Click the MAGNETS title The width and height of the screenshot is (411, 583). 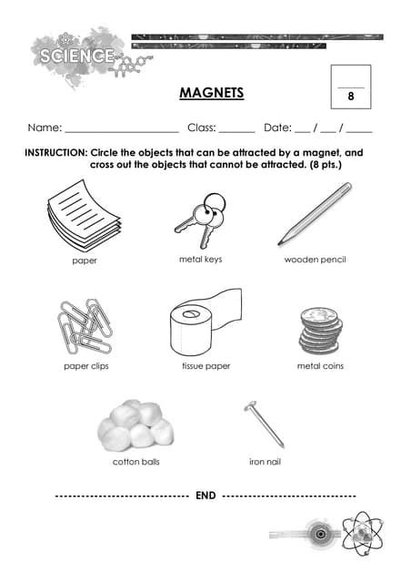pos(211,92)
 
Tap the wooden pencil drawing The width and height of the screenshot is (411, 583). pos(315,214)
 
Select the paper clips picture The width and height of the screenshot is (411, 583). pos(85,326)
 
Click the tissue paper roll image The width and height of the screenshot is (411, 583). pos(201,324)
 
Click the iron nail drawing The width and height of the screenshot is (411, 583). pos(265,424)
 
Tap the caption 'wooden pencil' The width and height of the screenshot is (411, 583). pos(316,261)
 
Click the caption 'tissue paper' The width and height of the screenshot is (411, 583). pos(205,366)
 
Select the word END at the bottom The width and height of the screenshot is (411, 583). pos(205,496)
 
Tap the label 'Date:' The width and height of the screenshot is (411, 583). pos(276,128)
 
